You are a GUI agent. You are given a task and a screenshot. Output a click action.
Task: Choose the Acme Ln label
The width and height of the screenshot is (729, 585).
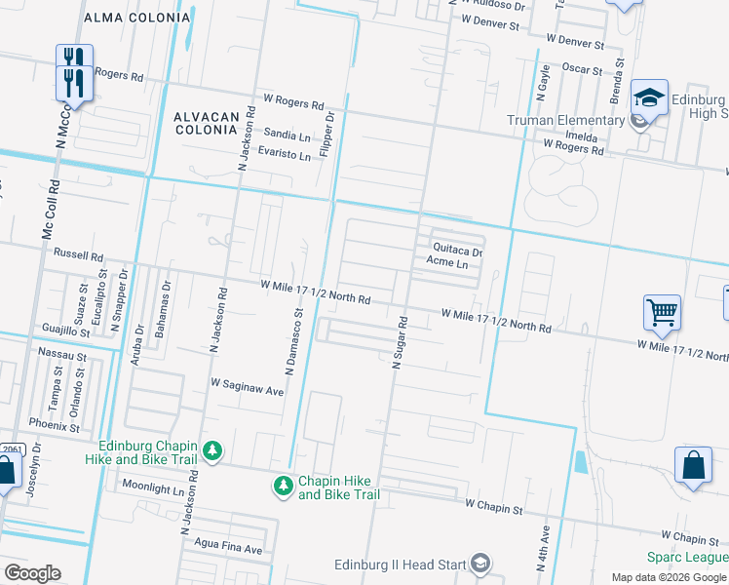pos(448,264)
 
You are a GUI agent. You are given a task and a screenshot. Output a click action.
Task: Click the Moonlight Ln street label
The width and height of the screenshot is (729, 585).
pos(152,485)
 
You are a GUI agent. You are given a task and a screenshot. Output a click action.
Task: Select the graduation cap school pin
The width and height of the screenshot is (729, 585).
pos(649,97)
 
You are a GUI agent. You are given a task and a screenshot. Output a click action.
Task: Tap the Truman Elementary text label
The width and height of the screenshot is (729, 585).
pos(565,121)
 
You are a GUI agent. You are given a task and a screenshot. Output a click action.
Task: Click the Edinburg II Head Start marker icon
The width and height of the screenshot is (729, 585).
pos(480,563)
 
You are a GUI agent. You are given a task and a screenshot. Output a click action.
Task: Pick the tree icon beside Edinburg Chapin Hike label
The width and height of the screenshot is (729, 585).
pos(211,451)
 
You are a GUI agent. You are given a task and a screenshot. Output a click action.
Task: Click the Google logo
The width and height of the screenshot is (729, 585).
pos(32,573)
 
